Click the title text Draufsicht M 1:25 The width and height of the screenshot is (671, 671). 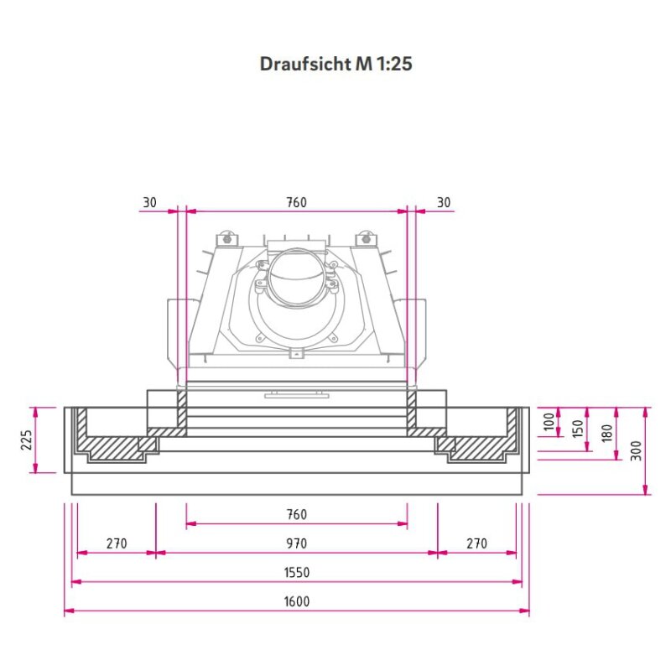click(x=335, y=65)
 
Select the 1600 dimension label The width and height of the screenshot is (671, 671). click(x=296, y=601)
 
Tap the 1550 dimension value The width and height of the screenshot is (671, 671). click(x=296, y=572)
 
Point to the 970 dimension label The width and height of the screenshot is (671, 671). click(x=296, y=544)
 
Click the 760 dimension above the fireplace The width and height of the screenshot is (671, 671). click(x=296, y=202)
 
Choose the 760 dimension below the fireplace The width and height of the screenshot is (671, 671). click(x=296, y=514)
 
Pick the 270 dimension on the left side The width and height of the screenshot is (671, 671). click(x=116, y=544)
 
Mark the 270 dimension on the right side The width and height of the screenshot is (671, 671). click(x=476, y=544)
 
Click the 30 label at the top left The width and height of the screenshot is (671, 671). click(x=149, y=202)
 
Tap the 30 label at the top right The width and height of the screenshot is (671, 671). click(x=444, y=202)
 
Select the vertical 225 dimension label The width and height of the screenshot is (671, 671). click(x=26, y=440)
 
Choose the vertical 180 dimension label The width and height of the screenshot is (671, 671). click(x=607, y=434)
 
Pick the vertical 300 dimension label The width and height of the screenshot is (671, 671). click(x=637, y=450)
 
